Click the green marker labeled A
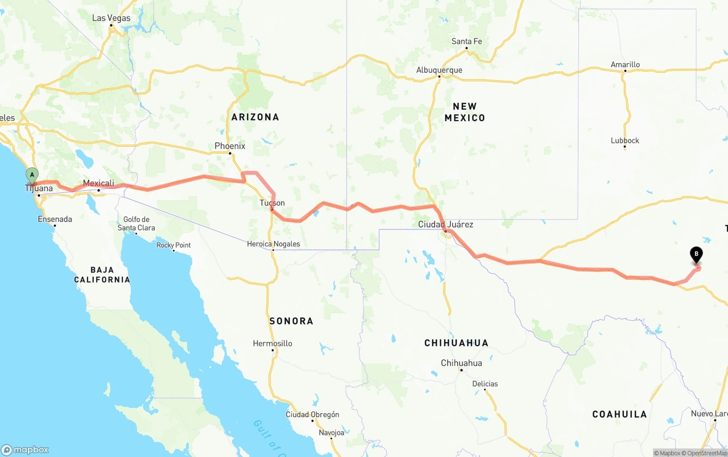(32, 175)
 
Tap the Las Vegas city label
(111, 18)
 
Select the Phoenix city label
(230, 146)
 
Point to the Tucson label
(272, 203)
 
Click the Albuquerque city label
(439, 71)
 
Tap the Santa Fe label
(466, 42)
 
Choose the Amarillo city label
(625, 65)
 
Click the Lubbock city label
(625, 141)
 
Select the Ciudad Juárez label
(445, 225)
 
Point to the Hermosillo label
(272, 344)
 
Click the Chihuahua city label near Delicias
(461, 363)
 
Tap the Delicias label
(485, 384)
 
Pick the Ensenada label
(55, 219)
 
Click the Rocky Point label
(173, 245)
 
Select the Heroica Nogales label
(273, 244)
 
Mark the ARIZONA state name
(255, 117)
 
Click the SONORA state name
(291, 322)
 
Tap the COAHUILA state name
(619, 414)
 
